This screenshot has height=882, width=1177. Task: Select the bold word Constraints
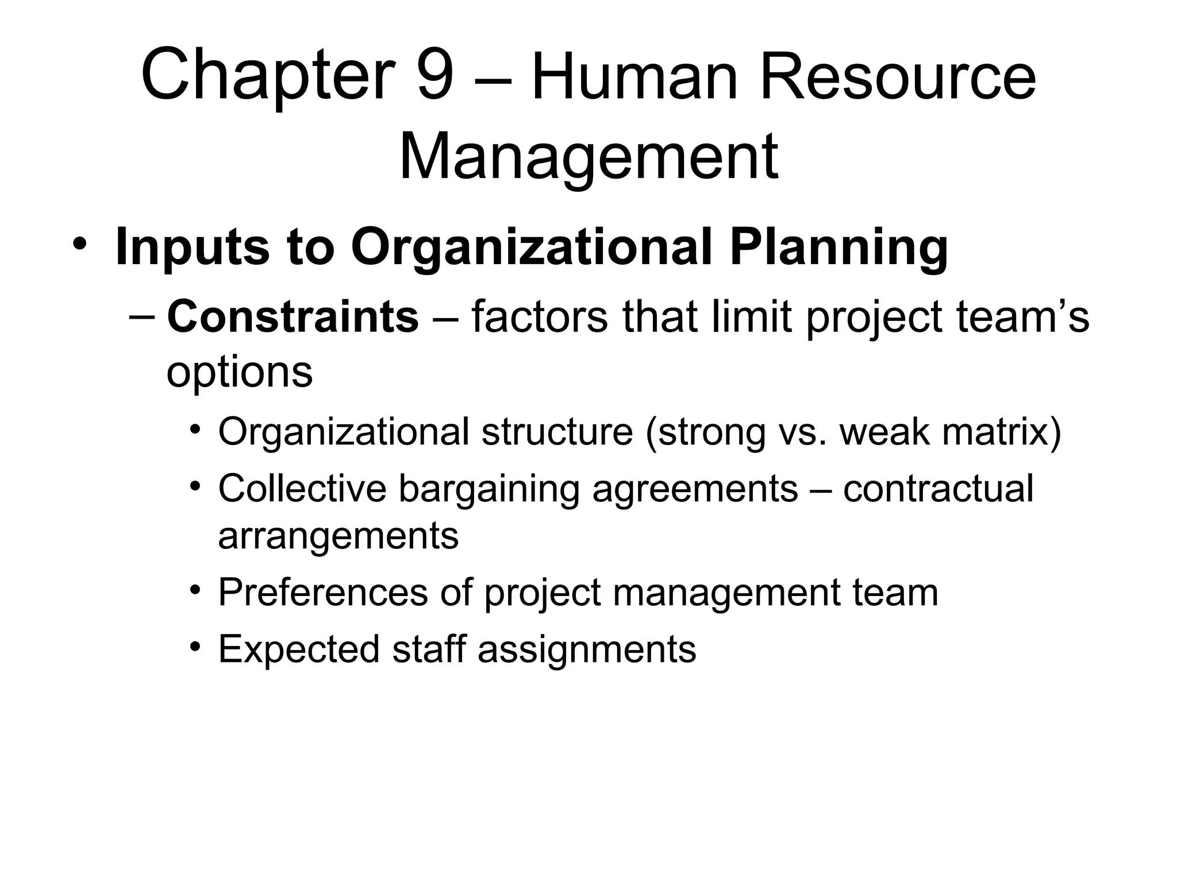point(293,316)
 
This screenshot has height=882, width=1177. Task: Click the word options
point(239,372)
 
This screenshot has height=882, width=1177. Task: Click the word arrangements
point(338,536)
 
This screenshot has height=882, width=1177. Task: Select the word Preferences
point(323,592)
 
